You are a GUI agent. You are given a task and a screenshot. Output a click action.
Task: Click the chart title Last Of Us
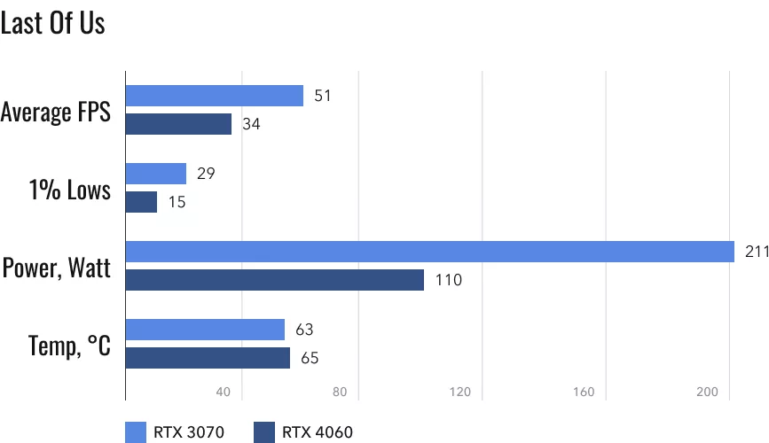click(x=53, y=23)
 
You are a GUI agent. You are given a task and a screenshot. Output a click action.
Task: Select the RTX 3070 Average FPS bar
click(x=215, y=96)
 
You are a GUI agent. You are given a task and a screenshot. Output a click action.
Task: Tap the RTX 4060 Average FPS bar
click(x=178, y=124)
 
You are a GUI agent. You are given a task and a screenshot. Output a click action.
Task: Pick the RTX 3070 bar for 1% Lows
click(x=156, y=174)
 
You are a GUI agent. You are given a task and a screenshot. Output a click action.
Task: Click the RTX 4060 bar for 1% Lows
click(x=141, y=202)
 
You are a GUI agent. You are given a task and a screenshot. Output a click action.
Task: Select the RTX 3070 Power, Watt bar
click(x=430, y=252)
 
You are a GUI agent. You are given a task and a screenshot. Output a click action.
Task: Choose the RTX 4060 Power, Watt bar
click(x=275, y=280)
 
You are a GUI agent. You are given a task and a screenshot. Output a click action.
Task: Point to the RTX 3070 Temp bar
click(x=205, y=330)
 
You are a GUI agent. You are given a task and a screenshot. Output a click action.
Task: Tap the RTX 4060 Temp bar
click(x=208, y=358)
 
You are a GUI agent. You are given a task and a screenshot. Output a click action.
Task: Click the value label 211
click(x=756, y=253)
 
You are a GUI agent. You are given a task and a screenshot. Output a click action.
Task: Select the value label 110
click(x=449, y=281)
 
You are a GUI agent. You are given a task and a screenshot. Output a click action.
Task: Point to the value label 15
click(x=177, y=203)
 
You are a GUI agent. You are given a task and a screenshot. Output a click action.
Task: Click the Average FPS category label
click(x=56, y=113)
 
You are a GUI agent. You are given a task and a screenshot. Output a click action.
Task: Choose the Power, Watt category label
click(x=57, y=267)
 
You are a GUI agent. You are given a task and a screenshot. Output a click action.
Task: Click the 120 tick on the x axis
click(x=459, y=392)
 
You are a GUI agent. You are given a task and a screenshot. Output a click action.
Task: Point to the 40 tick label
click(x=223, y=392)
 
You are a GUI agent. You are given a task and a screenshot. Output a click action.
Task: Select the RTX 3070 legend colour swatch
click(x=136, y=432)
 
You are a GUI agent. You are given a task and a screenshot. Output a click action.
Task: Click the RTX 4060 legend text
click(x=318, y=432)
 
